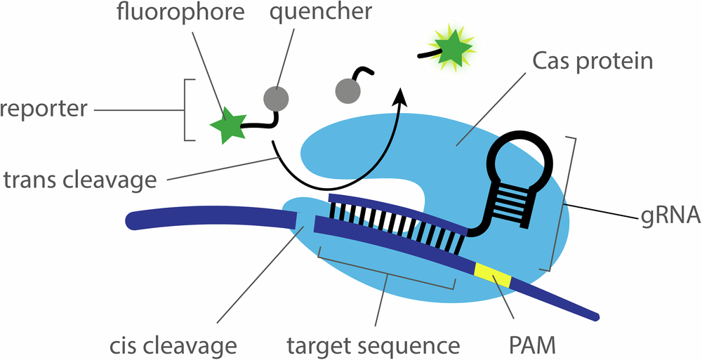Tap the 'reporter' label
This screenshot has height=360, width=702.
click(x=44, y=109)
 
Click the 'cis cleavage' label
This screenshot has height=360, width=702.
click(x=173, y=345)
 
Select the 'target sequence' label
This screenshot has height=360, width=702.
click(x=374, y=345)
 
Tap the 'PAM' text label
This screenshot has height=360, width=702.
click(x=532, y=345)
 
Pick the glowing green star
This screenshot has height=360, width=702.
click(x=451, y=48)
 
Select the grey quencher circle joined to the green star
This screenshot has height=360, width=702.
click(x=275, y=98)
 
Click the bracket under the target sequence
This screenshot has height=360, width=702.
click(x=386, y=281)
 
